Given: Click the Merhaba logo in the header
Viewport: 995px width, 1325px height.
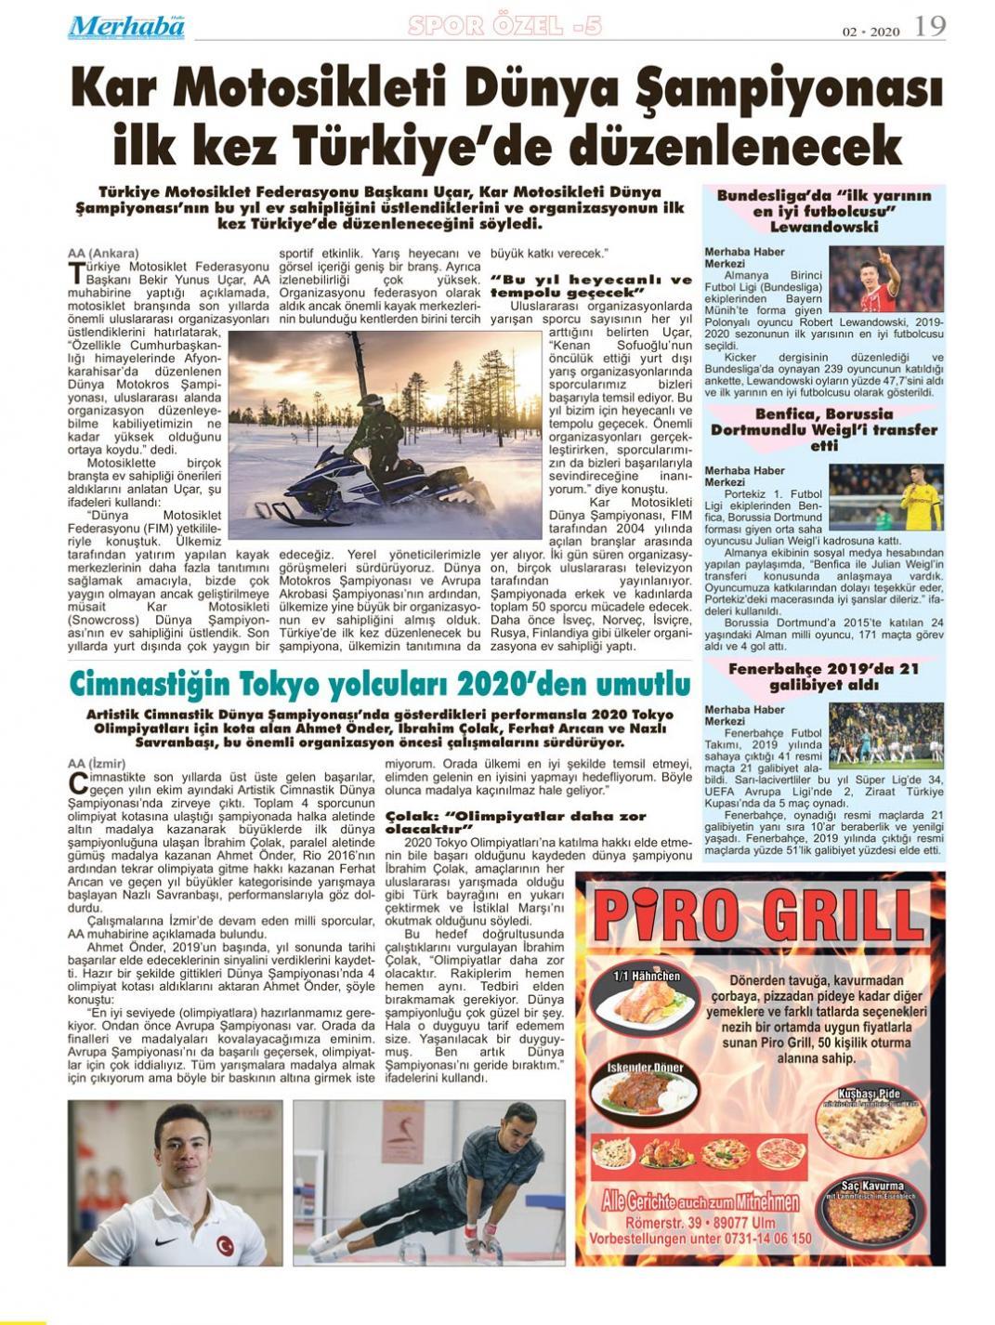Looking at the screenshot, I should tap(126, 26).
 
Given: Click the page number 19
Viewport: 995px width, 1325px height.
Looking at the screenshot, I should tap(930, 26).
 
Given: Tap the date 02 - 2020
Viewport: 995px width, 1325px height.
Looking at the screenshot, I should tap(871, 31).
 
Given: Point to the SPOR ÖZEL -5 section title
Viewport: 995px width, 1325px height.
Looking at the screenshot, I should tap(504, 26).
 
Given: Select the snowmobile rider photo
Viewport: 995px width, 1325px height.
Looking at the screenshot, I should tap(385, 435).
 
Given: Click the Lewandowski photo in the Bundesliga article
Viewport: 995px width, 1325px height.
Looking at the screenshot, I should tap(886, 280).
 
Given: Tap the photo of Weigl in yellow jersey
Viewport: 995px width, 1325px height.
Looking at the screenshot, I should tap(886, 497).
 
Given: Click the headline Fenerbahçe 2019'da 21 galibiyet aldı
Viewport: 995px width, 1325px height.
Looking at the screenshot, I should tap(823, 676).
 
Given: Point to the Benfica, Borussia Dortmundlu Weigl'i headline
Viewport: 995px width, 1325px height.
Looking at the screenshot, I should tap(823, 429).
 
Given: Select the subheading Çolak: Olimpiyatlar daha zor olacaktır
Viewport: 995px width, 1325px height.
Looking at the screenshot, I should tap(515, 822).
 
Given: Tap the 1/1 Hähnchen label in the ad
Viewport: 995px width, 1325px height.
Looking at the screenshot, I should tap(648, 976).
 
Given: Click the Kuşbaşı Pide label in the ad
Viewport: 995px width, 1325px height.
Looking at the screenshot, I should tap(869, 1094).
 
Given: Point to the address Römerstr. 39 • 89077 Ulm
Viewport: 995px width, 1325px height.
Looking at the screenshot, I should tap(700, 1223).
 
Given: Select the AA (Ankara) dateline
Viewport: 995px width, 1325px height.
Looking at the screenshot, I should tap(103, 253).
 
